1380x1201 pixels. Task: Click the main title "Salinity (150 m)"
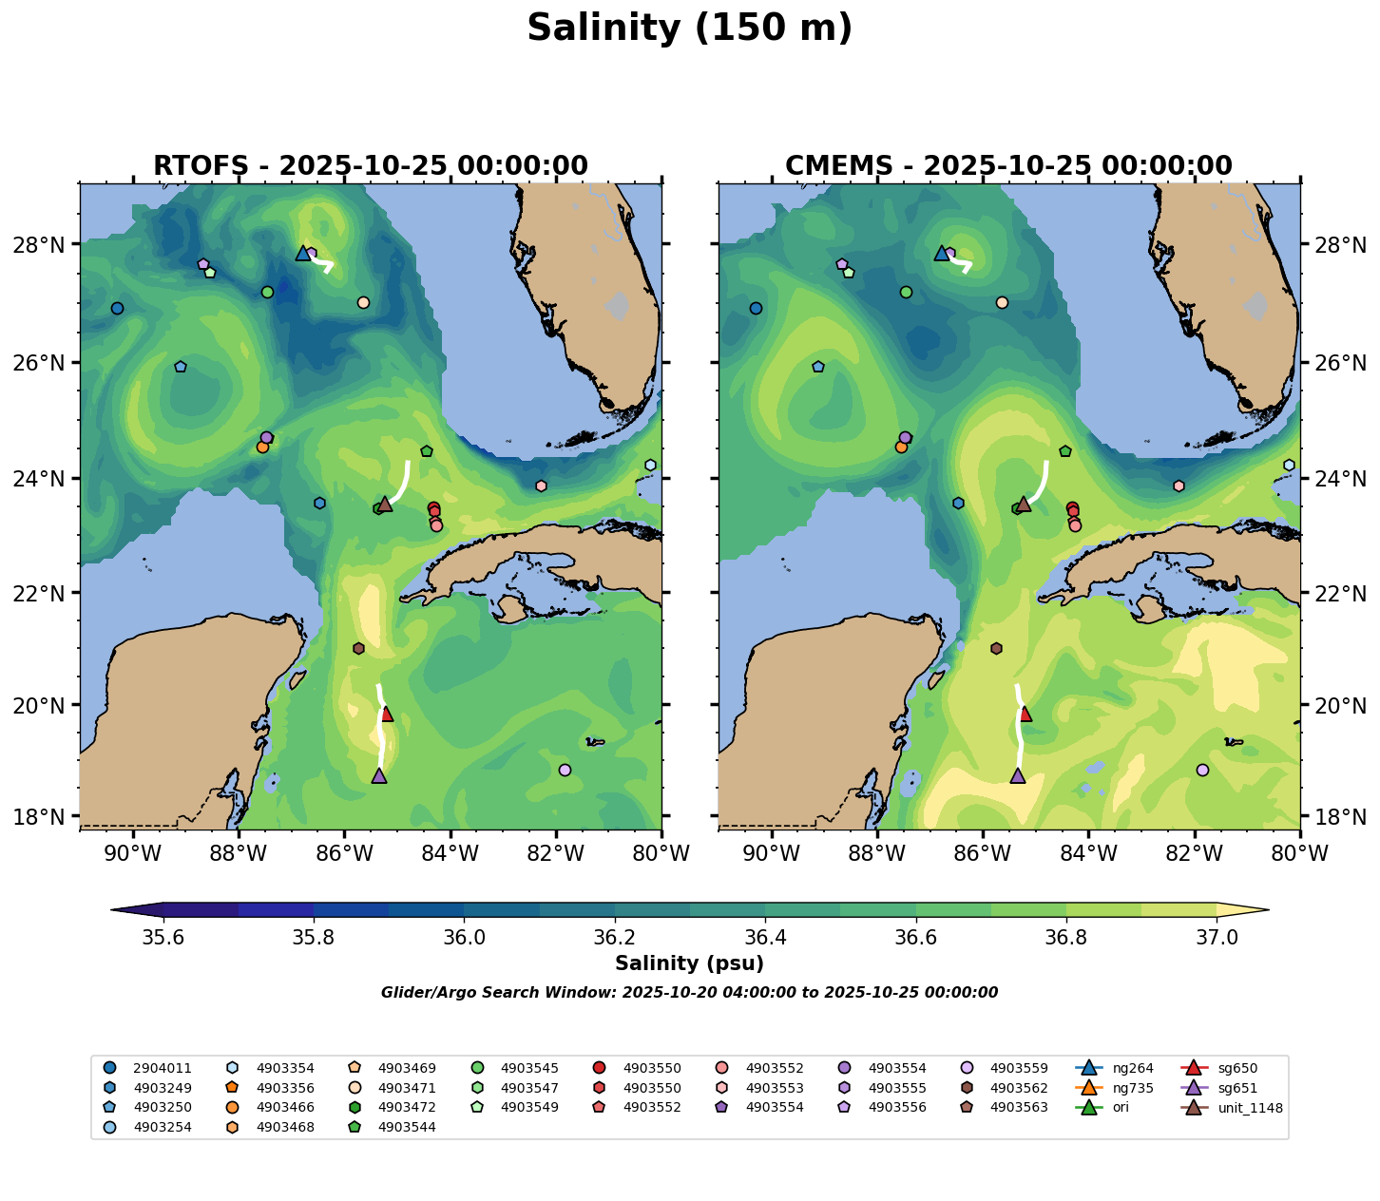pos(689,29)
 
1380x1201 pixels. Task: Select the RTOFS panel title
pos(371,166)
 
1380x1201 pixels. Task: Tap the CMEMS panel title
pos(1008,166)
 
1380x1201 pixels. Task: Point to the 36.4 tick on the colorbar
pos(765,937)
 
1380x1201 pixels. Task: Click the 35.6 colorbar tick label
pos(163,937)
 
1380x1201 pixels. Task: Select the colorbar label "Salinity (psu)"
pos(689,963)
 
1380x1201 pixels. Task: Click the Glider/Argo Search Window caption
pos(689,993)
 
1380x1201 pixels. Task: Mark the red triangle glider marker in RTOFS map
pos(386,714)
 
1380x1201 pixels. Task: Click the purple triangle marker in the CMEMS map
pos(1018,775)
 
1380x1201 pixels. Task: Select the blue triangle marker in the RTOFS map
pos(303,253)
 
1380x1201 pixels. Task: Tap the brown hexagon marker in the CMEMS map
pos(996,648)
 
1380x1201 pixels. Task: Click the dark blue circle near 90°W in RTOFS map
pos(117,308)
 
